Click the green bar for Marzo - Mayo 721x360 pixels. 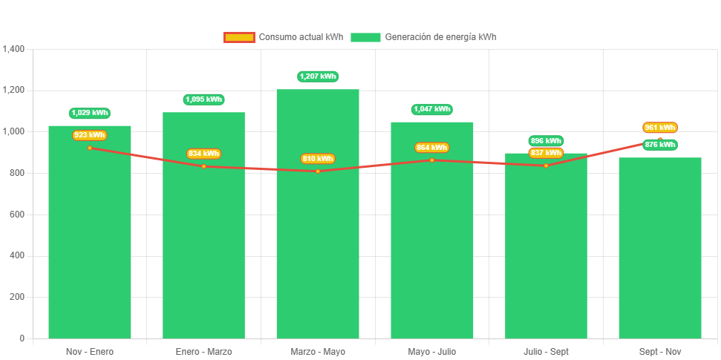click(x=318, y=245)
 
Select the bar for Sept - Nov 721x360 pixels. click(x=659, y=252)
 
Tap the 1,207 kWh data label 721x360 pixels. click(x=318, y=76)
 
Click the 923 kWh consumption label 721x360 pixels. click(x=90, y=135)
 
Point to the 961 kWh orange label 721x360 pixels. click(x=660, y=128)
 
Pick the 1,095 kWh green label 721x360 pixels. click(x=203, y=99)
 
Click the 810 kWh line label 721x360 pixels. click(x=318, y=159)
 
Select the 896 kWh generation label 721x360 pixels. click(x=546, y=141)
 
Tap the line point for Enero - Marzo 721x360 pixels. click(x=203, y=166)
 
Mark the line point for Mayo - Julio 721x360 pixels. click(x=431, y=160)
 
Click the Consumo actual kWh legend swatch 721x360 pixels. click(x=239, y=37)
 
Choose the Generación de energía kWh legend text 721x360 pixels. click(x=441, y=37)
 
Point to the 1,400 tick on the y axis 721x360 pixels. click(x=14, y=49)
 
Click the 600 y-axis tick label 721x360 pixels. click(x=17, y=214)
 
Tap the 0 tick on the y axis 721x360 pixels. click(x=22, y=338)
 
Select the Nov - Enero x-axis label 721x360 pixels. click(x=90, y=351)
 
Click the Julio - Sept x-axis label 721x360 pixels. click(x=546, y=351)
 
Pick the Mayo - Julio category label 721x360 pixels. click(x=431, y=351)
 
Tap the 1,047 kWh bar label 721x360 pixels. click(x=431, y=109)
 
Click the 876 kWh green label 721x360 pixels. click(x=660, y=145)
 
